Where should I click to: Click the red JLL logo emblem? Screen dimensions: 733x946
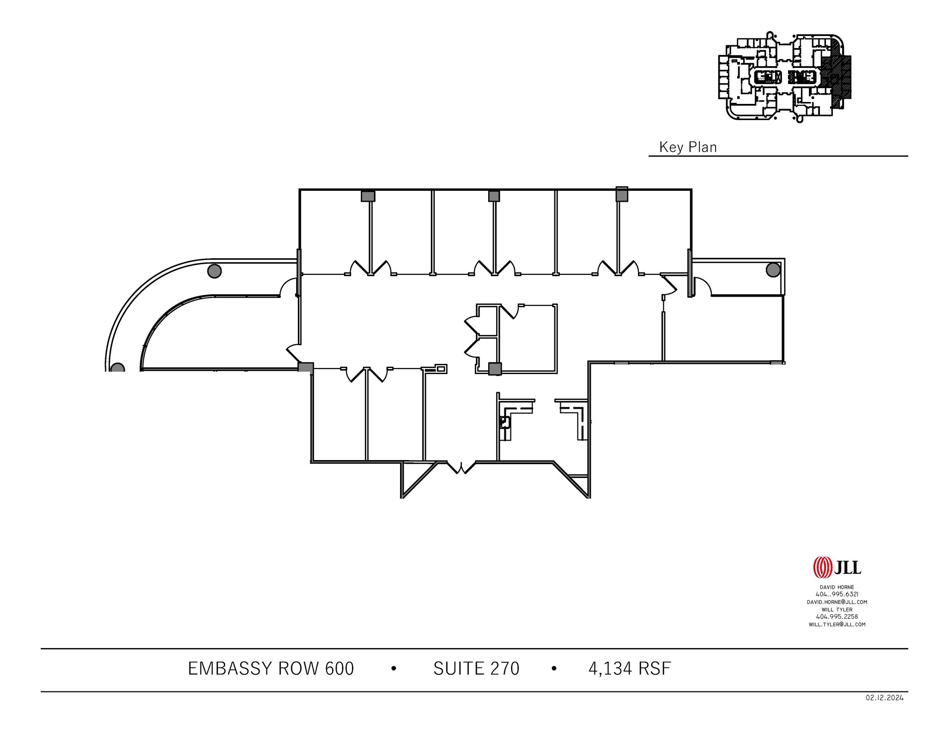coord(823,567)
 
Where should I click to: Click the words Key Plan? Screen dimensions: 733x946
coord(688,147)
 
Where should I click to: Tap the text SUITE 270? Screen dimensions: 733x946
coord(476,668)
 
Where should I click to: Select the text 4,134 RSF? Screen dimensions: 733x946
coord(630,668)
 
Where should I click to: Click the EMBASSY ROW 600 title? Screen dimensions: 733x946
coord(271,668)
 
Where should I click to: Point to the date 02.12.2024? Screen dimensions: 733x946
coord(885,711)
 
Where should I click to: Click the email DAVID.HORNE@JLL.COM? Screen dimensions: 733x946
coord(837,602)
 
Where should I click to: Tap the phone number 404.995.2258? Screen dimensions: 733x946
coord(837,617)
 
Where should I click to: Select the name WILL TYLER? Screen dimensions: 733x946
coord(837,609)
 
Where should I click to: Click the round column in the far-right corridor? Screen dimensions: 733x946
coord(773,270)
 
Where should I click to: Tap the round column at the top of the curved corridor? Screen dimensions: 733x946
coord(214,271)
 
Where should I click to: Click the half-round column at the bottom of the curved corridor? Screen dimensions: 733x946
coord(118,368)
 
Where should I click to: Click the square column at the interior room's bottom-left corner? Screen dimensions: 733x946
coord(495,369)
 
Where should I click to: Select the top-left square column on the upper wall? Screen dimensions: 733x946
coord(368,196)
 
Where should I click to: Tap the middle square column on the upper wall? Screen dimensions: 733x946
coord(494,196)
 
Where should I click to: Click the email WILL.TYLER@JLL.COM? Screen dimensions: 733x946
coord(837,624)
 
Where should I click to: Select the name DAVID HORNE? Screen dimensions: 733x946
coord(837,587)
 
